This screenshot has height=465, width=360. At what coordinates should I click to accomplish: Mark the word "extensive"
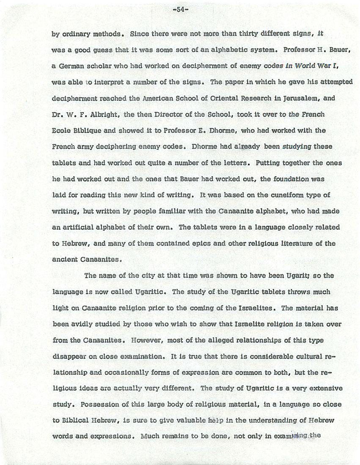tap(327, 388)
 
